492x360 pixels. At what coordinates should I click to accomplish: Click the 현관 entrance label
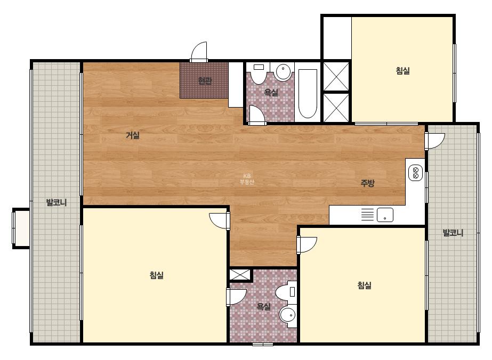[205, 81]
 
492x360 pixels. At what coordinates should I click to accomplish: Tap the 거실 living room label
[132, 135]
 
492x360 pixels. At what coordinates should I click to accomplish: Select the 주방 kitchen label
[367, 183]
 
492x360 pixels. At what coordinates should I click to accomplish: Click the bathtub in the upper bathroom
[308, 93]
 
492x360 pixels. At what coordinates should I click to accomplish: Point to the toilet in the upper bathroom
[259, 74]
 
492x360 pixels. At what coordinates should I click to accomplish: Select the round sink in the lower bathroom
[287, 315]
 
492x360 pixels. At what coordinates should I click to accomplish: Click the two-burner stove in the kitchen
[415, 173]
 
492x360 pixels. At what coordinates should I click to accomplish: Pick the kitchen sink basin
[385, 215]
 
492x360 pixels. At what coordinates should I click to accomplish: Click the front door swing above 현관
[199, 52]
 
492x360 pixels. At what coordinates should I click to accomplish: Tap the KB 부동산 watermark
[247, 179]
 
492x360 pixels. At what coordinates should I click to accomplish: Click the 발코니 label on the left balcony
[57, 202]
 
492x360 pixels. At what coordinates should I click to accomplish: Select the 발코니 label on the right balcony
[453, 233]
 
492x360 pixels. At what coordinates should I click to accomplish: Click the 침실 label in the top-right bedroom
[402, 70]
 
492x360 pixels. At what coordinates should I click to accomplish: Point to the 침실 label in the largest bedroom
[156, 275]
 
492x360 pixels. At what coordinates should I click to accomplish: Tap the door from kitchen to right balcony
[435, 141]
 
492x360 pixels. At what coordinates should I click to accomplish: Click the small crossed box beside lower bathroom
[240, 274]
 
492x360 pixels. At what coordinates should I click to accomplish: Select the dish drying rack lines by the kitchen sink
[367, 215]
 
